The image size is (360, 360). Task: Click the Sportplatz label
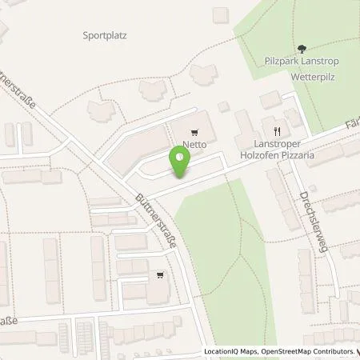tap(106, 35)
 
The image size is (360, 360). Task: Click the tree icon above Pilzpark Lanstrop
tap(301, 49)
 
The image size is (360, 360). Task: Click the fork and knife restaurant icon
tap(277, 130)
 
